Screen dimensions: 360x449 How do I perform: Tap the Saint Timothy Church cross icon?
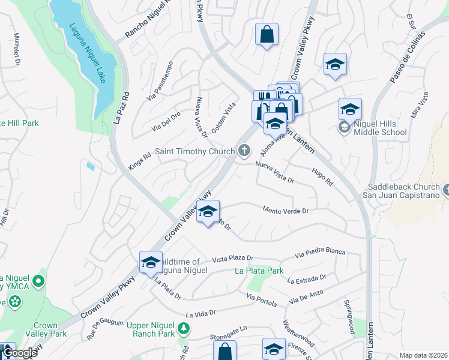244,151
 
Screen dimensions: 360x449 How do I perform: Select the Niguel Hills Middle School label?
381,128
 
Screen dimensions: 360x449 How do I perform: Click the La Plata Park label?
259,271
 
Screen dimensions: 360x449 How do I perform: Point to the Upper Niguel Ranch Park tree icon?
184,328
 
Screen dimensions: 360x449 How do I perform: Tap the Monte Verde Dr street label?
285,210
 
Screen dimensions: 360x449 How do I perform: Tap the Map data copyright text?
423,355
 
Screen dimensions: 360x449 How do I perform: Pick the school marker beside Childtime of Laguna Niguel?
150,262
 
